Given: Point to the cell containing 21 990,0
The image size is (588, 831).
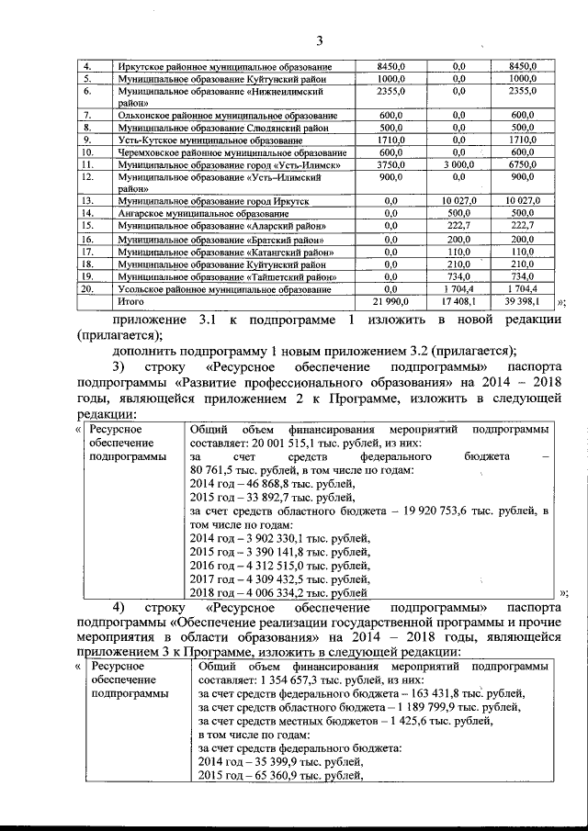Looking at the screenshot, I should click(x=389, y=301).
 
